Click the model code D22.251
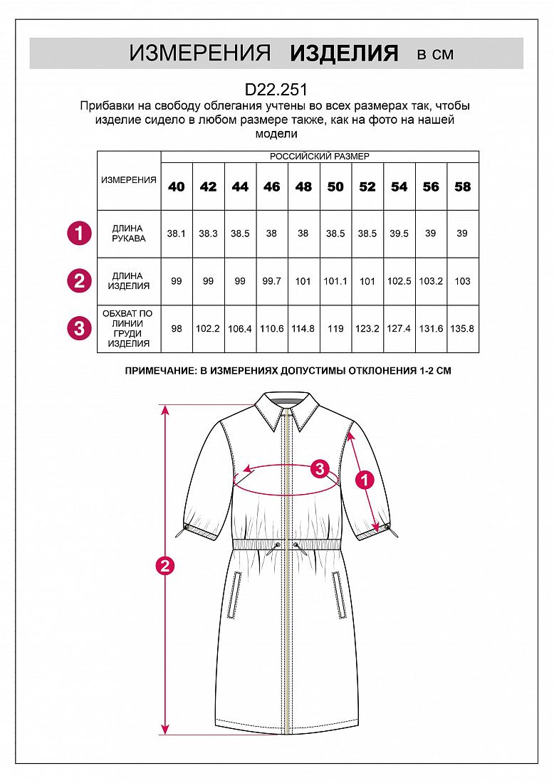(276, 90)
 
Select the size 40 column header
(177, 186)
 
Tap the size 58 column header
(463, 186)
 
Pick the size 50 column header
(335, 186)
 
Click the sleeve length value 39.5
(399, 233)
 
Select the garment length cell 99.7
(271, 281)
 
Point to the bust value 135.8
(463, 329)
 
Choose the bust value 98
(177, 329)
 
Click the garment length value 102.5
(399, 281)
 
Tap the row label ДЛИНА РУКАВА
(129, 233)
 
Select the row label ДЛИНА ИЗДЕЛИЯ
(129, 281)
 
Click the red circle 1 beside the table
(79, 233)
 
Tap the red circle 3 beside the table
(79, 328)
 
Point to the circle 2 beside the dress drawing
(165, 567)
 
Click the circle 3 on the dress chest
(320, 469)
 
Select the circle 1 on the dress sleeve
(365, 480)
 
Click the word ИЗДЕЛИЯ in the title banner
(344, 53)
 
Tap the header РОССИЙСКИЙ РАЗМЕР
(320, 157)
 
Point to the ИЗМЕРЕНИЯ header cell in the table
(129, 180)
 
